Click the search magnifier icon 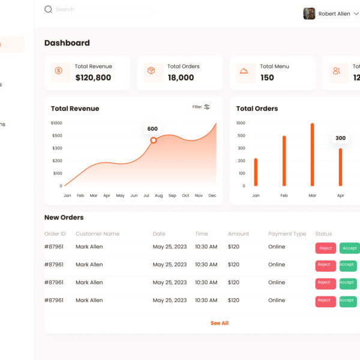[x=48, y=10]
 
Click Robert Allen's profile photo [x=309, y=14]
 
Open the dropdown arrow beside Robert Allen [x=356, y=14]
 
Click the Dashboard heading [x=67, y=43]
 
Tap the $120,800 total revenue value [x=93, y=77]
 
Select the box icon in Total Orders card [x=151, y=71]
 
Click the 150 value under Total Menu [x=267, y=77]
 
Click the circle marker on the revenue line [x=153, y=140]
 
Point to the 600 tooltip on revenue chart [x=152, y=129]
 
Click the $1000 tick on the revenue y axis [x=56, y=123]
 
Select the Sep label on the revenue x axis [x=172, y=196]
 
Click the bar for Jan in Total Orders [x=256, y=172]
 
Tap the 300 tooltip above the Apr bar [x=340, y=139]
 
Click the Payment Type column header [x=287, y=234]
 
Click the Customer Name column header [x=97, y=234]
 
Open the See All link [x=220, y=323]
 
